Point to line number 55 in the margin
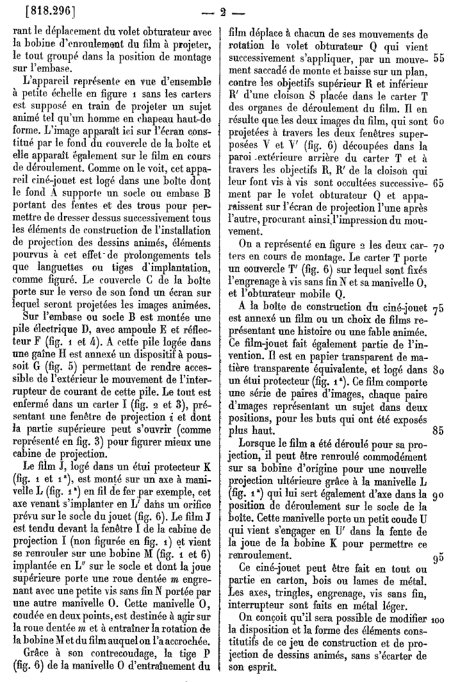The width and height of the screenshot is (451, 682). tap(439, 58)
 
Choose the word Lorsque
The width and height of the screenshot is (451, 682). tap(260, 444)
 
